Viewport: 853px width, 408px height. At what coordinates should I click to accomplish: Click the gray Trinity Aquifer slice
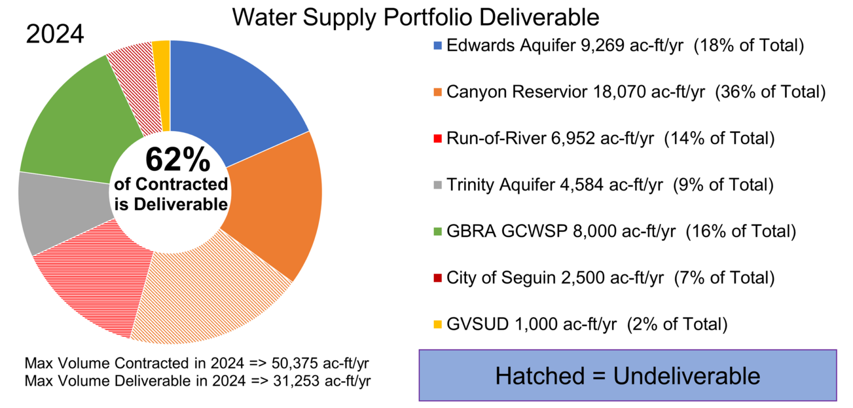pos(61,211)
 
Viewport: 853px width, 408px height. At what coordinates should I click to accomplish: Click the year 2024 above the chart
pos(55,34)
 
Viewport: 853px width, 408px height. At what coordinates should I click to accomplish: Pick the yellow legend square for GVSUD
pos(438,324)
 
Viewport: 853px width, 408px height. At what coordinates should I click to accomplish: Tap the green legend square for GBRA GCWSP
pos(438,231)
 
